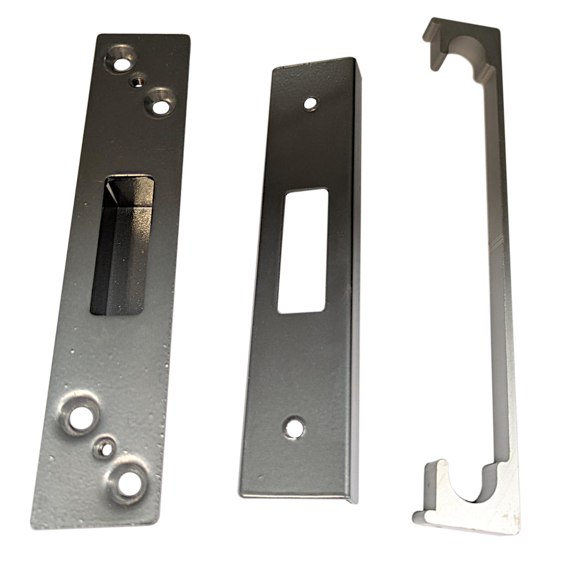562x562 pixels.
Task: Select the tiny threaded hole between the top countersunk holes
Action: click(137, 81)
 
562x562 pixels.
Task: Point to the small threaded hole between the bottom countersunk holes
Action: click(103, 447)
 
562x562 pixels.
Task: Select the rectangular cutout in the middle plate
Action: click(304, 250)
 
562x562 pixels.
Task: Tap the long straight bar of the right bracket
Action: click(495, 270)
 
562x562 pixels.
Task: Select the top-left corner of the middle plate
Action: click(274, 67)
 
